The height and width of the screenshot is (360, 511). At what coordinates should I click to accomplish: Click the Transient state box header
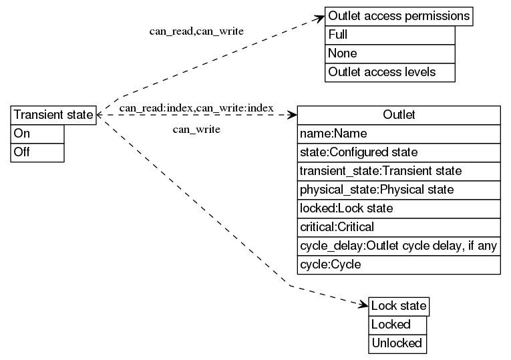[x=53, y=115]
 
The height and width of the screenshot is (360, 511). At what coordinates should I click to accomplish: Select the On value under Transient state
[x=38, y=134]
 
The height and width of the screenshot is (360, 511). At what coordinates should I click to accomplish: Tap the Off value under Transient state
[x=38, y=152]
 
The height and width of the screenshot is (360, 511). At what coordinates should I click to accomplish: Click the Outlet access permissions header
[x=399, y=16]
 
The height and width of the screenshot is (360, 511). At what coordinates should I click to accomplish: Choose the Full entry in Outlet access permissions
[x=390, y=35]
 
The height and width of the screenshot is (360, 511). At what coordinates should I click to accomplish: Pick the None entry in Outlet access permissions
[x=390, y=53]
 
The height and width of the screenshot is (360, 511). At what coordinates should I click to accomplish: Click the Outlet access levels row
[x=390, y=72]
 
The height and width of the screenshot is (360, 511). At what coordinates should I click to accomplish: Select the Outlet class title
[x=399, y=115]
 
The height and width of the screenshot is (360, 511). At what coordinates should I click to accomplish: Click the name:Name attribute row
[x=399, y=134]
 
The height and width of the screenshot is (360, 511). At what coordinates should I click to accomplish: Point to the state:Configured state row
[x=399, y=152]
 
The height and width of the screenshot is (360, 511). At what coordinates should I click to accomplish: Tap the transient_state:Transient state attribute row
[x=399, y=171]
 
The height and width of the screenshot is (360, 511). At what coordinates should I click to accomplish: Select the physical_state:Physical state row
[x=399, y=190]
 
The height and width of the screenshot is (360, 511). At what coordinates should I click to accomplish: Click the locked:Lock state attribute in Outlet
[x=399, y=208]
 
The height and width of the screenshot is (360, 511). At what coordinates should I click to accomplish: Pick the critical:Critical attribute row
[x=399, y=227]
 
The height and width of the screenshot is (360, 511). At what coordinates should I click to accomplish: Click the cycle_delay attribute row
[x=399, y=246]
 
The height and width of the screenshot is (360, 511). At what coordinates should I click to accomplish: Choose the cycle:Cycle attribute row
[x=399, y=264]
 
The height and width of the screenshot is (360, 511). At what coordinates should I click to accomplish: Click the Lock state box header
[x=398, y=307]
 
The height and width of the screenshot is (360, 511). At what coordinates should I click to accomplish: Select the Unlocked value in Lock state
[x=397, y=343]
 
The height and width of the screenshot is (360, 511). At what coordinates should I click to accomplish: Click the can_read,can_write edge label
[x=196, y=31]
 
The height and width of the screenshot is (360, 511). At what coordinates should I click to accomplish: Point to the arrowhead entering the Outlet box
[x=292, y=115]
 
